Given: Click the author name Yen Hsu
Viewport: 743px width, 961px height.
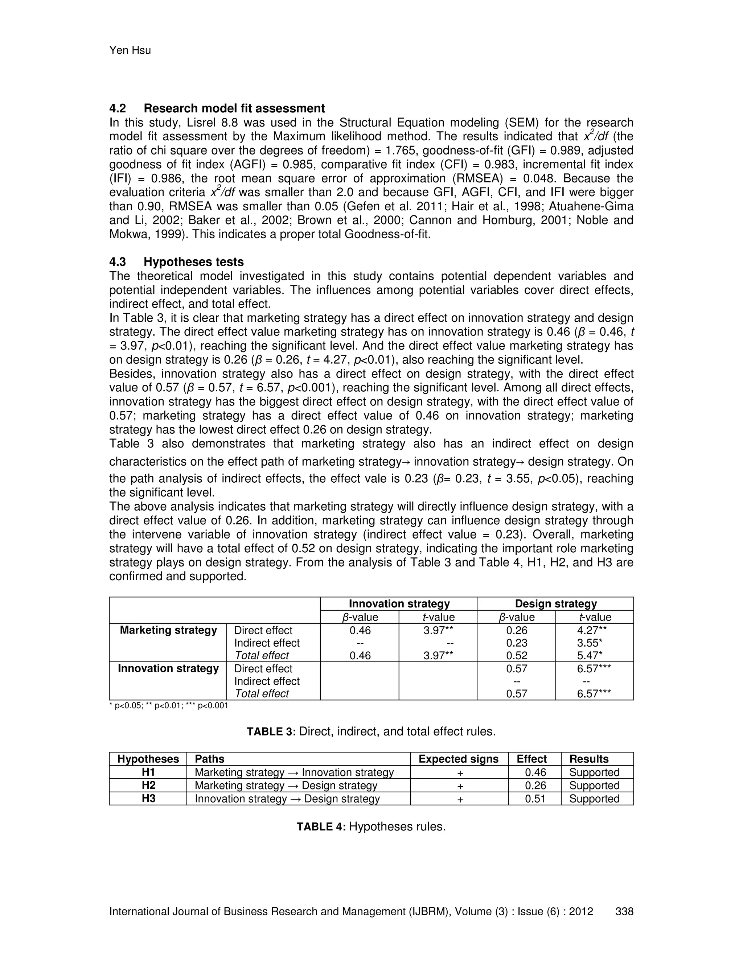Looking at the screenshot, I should pyautogui.click(x=130, y=51).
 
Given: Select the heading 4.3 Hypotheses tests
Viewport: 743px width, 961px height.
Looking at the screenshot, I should pyautogui.click(x=177, y=262).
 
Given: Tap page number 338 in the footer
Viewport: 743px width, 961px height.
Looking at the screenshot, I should pyautogui.click(x=624, y=911).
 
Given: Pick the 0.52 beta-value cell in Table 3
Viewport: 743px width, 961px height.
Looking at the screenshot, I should pyautogui.click(x=517, y=655).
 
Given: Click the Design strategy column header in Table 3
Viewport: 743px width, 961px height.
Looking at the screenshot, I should pyautogui.click(x=555, y=604).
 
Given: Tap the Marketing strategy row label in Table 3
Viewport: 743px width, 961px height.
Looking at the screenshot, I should pyautogui.click(x=168, y=630).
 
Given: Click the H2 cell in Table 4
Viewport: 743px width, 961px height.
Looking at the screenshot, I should pyautogui.click(x=148, y=785).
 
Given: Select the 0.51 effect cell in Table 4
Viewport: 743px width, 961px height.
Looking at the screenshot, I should pyautogui.click(x=535, y=799).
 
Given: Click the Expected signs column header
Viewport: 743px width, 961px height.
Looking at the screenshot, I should pyautogui.click(x=458, y=759).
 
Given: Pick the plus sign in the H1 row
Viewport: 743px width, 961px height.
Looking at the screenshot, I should pyautogui.click(x=460, y=773).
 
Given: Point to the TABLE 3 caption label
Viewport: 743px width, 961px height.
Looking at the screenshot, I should pyautogui.click(x=272, y=732).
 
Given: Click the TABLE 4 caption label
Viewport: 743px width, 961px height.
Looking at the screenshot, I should pyautogui.click(x=321, y=827).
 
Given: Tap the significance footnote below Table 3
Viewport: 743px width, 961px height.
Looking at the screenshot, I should pyautogui.click(x=169, y=706).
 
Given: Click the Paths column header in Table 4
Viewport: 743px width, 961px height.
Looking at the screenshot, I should pyautogui.click(x=210, y=759).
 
